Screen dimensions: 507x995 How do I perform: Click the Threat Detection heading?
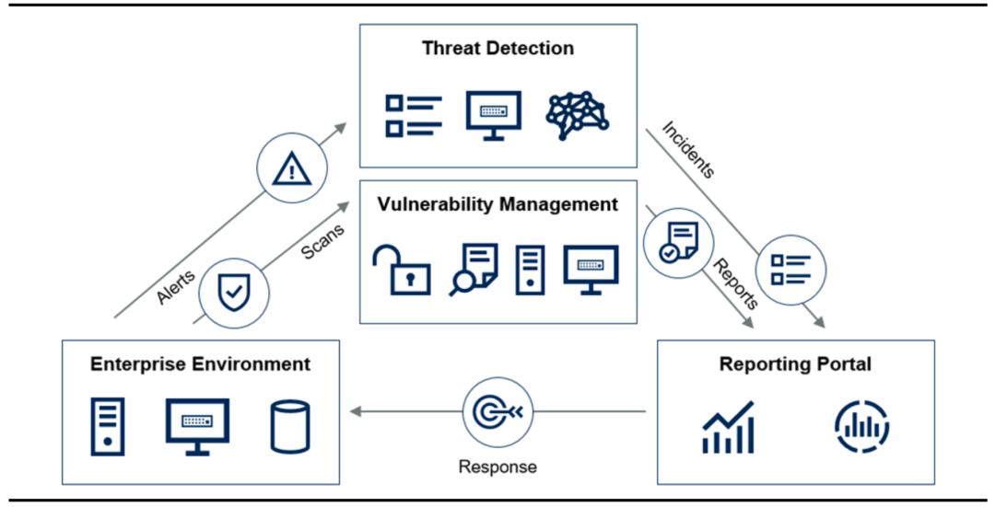497,49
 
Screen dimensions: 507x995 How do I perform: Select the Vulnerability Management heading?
497,204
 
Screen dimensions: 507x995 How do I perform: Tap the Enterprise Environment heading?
200,364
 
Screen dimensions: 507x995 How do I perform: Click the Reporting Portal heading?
795,364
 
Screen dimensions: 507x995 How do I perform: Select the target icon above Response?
497,411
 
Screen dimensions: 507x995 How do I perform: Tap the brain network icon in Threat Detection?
578,115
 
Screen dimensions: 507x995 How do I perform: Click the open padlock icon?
401,271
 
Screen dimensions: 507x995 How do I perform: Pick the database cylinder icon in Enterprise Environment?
290,427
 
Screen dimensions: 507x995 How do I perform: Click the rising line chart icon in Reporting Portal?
729,429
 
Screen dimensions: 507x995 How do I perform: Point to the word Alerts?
175,286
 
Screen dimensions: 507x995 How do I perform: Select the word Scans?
323,241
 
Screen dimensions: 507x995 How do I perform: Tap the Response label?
497,467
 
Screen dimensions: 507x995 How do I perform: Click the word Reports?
736,283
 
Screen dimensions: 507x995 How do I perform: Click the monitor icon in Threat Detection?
493,115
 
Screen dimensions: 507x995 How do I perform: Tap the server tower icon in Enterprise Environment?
107,427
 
